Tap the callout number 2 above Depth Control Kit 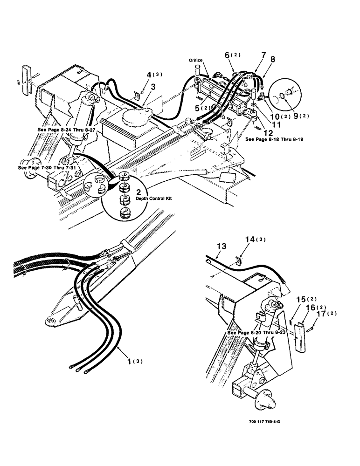[138, 192]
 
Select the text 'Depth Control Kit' [154, 199]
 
